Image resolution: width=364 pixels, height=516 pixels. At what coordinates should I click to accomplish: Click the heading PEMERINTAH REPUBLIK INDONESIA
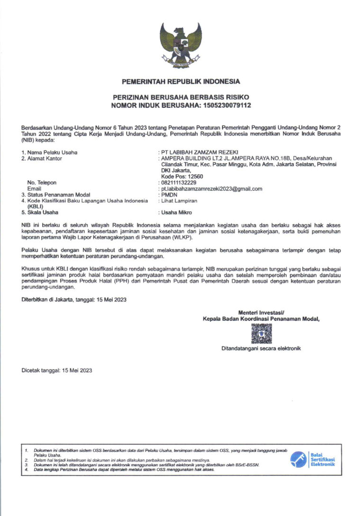(x=181, y=81)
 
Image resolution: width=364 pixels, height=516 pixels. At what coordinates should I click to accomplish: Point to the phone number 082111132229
(x=179, y=182)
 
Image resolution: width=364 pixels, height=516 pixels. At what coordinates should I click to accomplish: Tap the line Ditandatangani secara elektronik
(x=261, y=349)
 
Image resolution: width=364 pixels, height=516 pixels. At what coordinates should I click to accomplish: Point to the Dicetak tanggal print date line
(x=57, y=371)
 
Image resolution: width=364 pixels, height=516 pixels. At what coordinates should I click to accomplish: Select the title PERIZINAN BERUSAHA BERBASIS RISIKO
(x=181, y=97)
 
